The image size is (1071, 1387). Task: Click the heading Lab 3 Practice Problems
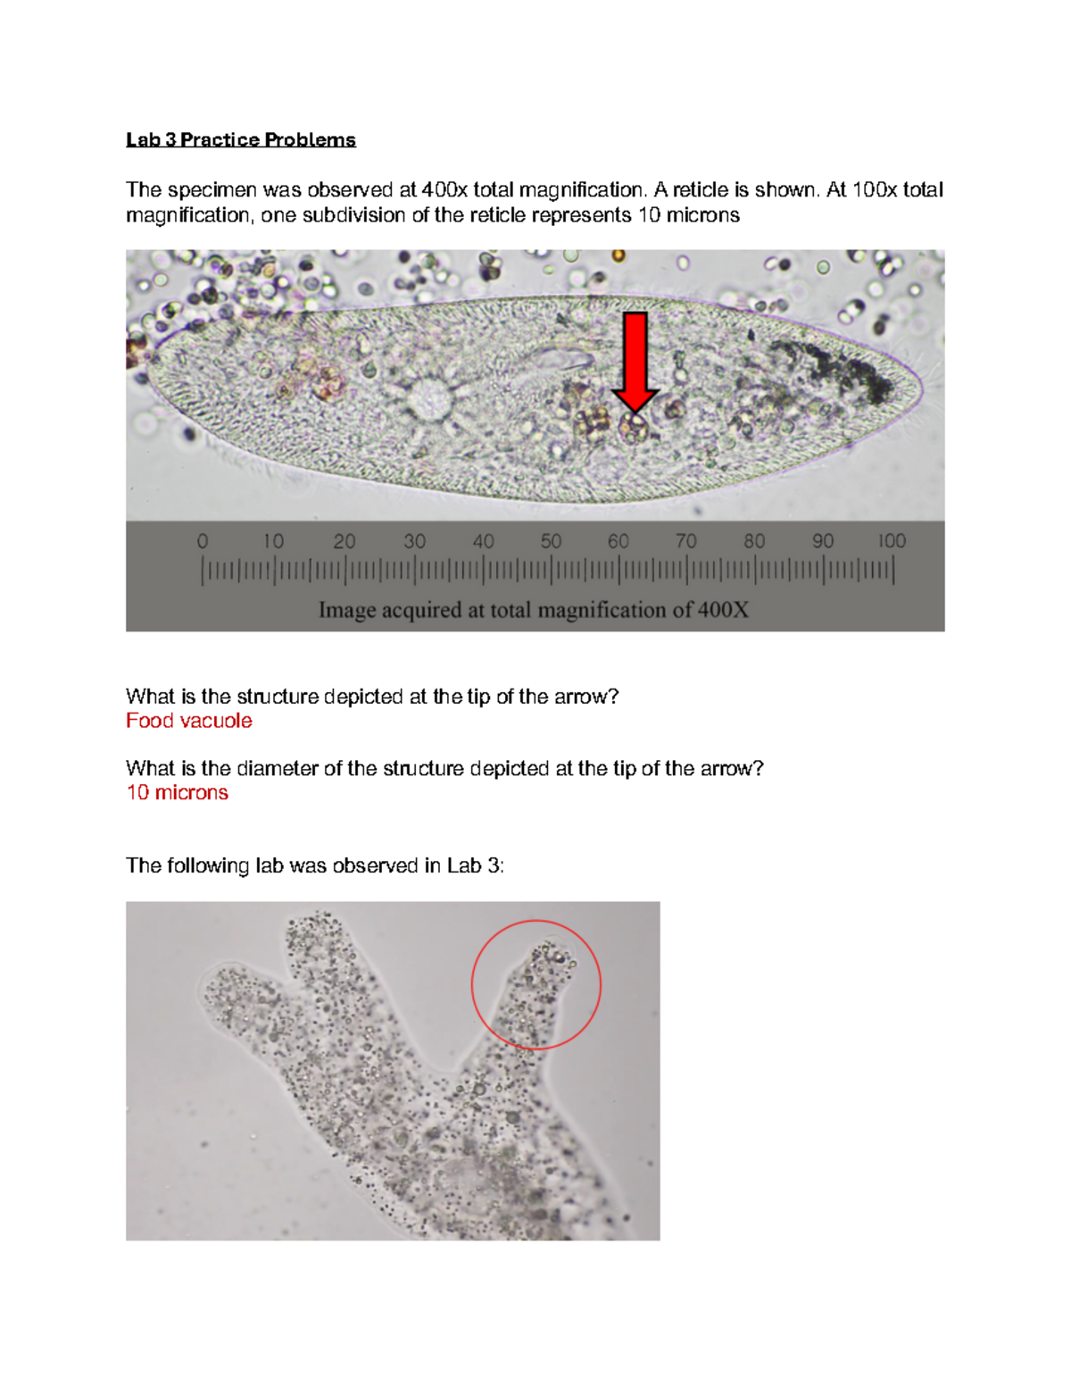(240, 139)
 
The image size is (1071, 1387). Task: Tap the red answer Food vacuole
(188, 721)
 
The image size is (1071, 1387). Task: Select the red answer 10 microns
(177, 793)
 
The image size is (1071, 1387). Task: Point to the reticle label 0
(203, 541)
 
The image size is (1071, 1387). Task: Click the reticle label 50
(551, 541)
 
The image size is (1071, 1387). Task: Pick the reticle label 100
(891, 541)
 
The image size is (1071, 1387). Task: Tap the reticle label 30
(414, 541)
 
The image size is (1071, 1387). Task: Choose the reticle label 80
(754, 541)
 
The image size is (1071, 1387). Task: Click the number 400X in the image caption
(723, 610)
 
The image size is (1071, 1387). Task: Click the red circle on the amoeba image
(535, 984)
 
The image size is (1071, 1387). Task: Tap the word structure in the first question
(278, 697)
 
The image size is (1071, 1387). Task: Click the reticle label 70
(685, 541)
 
